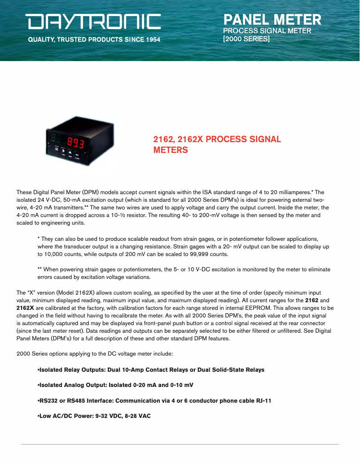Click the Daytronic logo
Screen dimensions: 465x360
click(93, 22)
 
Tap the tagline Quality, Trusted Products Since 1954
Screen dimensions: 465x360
click(94, 39)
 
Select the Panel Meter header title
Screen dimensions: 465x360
click(272, 20)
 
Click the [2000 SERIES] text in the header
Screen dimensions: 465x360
click(246, 39)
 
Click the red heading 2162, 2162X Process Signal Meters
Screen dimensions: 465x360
click(217, 144)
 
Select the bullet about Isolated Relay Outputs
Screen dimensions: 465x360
click(151, 370)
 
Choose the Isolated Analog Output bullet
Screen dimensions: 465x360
click(115, 385)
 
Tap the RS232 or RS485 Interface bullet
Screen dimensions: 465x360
click(154, 400)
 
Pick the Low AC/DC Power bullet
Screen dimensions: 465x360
click(94, 416)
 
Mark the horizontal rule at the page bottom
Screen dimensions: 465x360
click(180, 444)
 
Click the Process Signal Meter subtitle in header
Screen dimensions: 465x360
click(267, 31)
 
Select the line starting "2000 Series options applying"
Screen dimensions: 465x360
click(94, 354)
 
